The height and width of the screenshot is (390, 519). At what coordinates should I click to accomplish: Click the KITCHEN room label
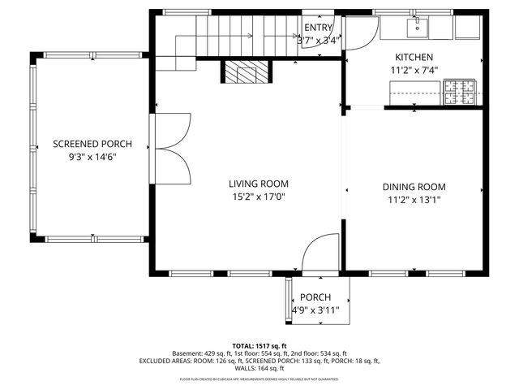pyautogui.click(x=414, y=57)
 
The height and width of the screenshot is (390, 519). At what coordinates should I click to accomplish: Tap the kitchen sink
pyautogui.click(x=417, y=28)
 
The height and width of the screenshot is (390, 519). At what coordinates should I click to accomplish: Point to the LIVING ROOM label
pyautogui.click(x=258, y=184)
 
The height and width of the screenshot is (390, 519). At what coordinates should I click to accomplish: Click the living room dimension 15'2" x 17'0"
pyautogui.click(x=258, y=197)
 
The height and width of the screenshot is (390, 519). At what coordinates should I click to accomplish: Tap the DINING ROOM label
pyautogui.click(x=414, y=187)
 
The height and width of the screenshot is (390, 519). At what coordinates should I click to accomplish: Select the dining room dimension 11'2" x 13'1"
pyautogui.click(x=414, y=200)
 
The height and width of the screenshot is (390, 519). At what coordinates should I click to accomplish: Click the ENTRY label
pyautogui.click(x=319, y=27)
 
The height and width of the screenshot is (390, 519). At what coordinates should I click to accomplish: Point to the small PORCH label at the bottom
pyautogui.click(x=315, y=297)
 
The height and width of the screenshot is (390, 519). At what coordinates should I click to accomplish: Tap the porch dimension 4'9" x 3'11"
pyautogui.click(x=315, y=310)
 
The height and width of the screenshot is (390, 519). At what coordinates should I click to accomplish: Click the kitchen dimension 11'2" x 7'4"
pyautogui.click(x=414, y=70)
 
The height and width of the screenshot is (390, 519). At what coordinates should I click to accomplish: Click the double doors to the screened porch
pyautogui.click(x=172, y=148)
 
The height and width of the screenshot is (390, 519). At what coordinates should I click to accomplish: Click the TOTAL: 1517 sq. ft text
pyautogui.click(x=259, y=345)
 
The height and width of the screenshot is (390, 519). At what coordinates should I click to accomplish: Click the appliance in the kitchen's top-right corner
pyautogui.click(x=468, y=28)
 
